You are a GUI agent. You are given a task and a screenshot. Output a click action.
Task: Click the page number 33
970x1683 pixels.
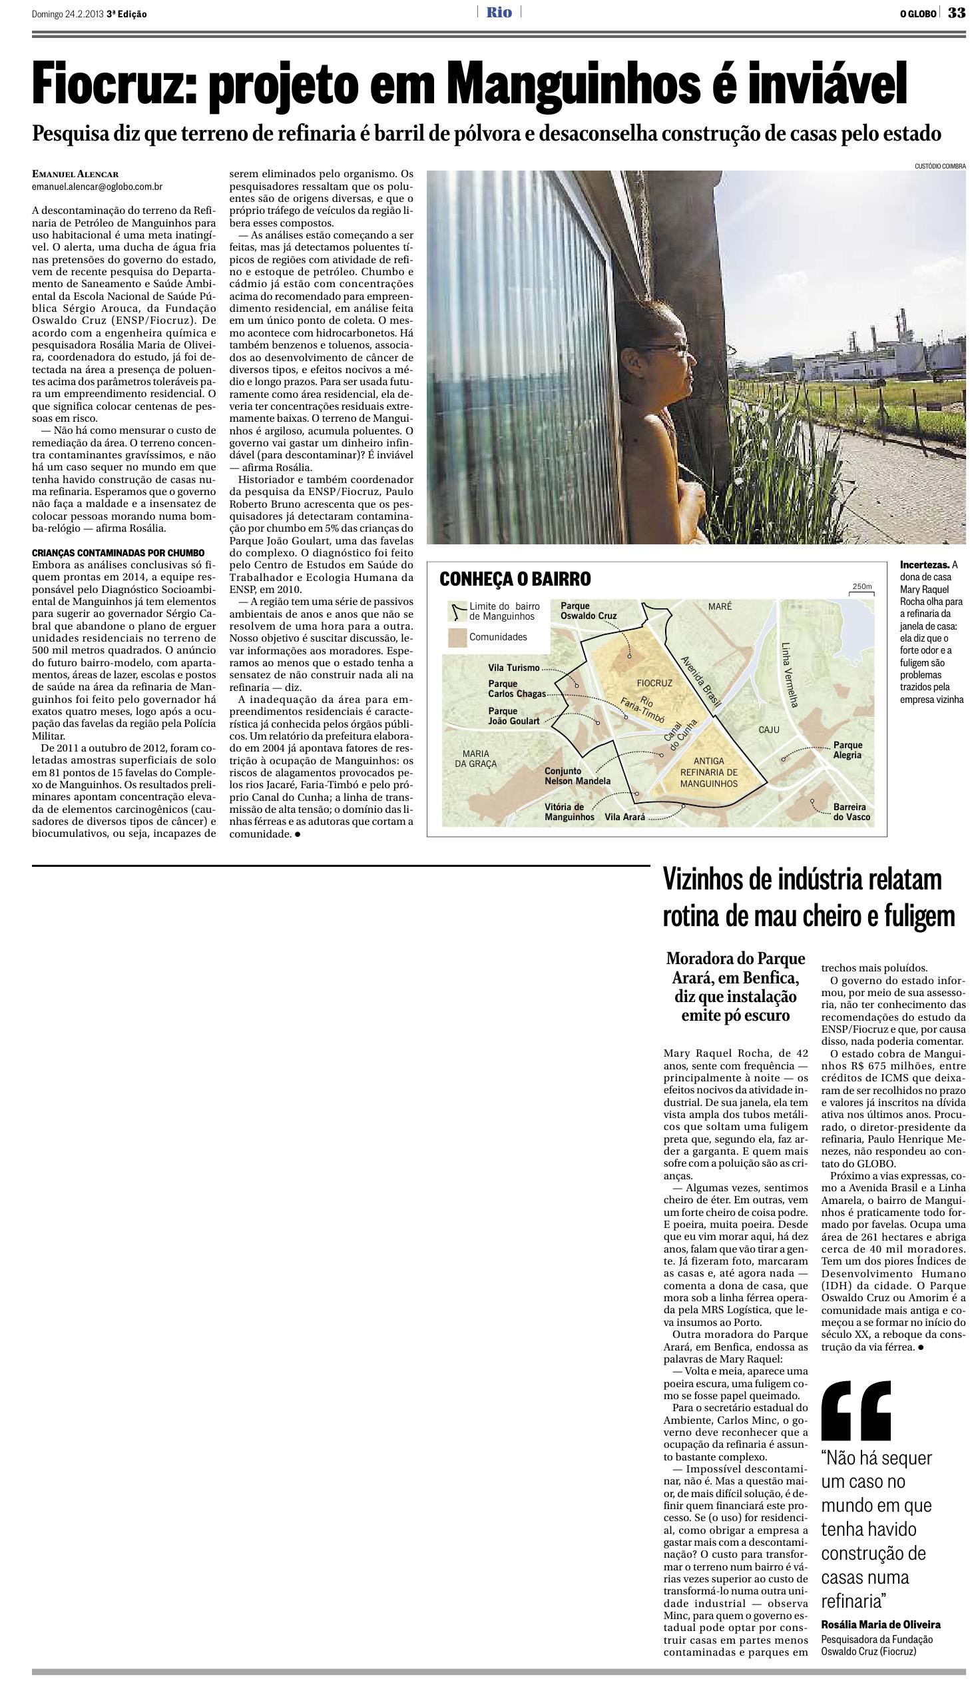click(x=957, y=13)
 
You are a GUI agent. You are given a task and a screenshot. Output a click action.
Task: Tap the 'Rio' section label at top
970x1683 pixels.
click(x=499, y=13)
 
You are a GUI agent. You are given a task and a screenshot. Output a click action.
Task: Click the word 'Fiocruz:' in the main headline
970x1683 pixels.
click(x=114, y=85)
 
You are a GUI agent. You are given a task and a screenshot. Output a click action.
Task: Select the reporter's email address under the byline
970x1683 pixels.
click(x=97, y=188)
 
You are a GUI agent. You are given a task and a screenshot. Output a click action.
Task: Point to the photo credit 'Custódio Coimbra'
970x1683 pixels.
click(x=939, y=166)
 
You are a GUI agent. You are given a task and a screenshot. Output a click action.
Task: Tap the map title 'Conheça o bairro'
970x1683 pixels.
click(x=515, y=579)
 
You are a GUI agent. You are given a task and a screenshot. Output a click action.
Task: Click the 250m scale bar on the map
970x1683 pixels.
click(x=861, y=588)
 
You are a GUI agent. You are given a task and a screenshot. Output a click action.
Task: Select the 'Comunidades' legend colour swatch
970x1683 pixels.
click(x=457, y=638)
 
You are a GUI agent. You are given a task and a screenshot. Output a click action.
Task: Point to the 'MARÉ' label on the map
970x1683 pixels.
click(x=720, y=606)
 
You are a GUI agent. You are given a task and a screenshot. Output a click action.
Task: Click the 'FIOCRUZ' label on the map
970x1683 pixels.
click(x=654, y=683)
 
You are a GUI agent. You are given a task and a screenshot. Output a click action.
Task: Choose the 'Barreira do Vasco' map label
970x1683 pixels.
click(x=851, y=812)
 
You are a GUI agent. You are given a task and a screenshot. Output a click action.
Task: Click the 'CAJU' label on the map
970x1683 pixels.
click(x=769, y=730)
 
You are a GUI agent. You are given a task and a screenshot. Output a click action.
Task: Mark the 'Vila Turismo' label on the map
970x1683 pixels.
click(x=514, y=667)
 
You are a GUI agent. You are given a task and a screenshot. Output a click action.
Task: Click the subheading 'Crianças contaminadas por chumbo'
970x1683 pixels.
click(x=119, y=553)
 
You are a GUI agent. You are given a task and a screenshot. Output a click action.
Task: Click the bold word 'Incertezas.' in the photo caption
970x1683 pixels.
click(x=924, y=564)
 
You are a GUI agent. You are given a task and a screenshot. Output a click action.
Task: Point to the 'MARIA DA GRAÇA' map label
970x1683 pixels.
click(x=475, y=759)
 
